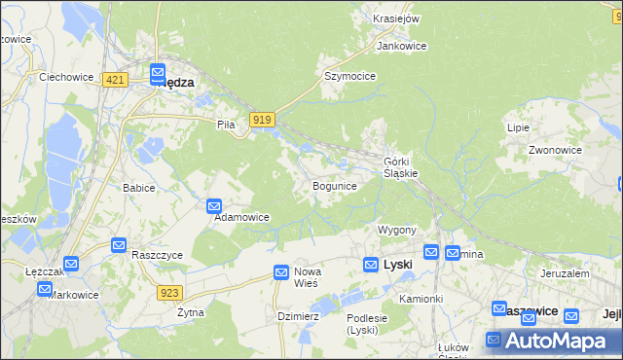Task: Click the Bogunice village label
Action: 334,185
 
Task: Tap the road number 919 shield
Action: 261,119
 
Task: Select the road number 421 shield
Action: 116,80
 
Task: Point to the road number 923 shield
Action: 168,292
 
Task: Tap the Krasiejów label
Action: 395,18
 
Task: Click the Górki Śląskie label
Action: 401,166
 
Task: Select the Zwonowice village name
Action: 555,150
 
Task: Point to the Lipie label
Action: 518,127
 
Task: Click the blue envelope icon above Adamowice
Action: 214,205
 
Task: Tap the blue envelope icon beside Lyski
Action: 371,264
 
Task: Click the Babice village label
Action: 139,187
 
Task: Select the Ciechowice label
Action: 64,75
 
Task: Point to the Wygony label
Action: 397,230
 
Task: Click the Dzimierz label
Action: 298,316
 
